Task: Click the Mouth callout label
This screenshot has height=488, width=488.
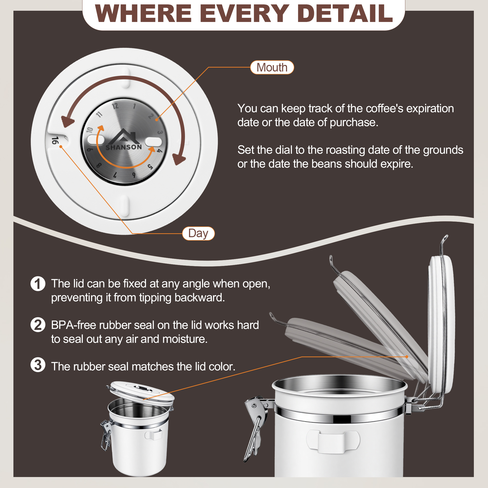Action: [272, 67]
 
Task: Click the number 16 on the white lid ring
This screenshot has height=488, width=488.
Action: [55, 141]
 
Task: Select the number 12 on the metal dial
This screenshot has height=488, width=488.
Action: [115, 106]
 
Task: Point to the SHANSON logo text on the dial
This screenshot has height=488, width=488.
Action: [123, 147]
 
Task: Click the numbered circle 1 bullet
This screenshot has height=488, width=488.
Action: [38, 284]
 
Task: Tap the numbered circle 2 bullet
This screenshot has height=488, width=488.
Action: [38, 325]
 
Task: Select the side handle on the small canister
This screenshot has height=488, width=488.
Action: [153, 435]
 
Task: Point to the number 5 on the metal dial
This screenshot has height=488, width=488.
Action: [150, 167]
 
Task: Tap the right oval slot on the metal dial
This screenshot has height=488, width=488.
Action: [153, 142]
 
